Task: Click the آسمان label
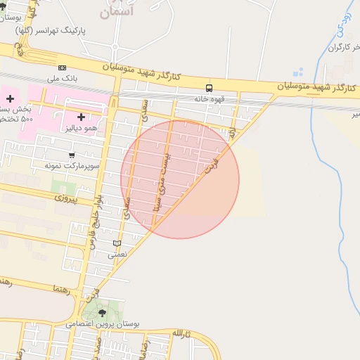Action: (x=116, y=12)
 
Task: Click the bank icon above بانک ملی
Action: (x=62, y=67)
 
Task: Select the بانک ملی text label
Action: (x=61, y=79)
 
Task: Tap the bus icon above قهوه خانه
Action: (x=210, y=88)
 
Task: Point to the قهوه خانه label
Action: (x=210, y=99)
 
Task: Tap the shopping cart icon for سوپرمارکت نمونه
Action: (x=72, y=155)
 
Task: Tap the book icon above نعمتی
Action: (x=117, y=243)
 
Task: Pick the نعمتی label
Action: (x=117, y=255)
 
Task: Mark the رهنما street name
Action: (x=62, y=289)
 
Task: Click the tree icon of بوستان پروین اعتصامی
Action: (x=103, y=312)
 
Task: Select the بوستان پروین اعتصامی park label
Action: (x=103, y=324)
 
